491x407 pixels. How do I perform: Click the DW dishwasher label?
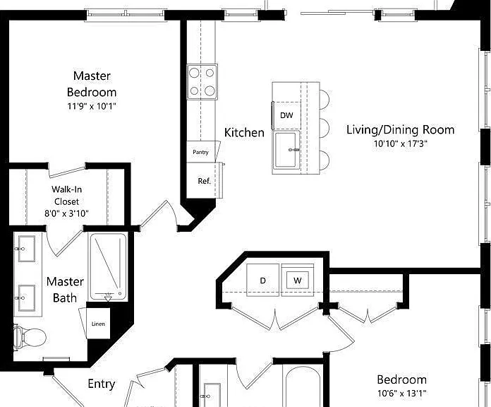click(286, 115)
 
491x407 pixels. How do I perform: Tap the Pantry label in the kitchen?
click(200, 152)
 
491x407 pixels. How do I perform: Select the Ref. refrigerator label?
click(204, 181)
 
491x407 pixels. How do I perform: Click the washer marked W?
click(298, 281)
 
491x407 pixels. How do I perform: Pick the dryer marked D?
click(262, 281)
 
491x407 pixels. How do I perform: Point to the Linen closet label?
click(98, 324)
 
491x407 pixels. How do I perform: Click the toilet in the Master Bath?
click(30, 337)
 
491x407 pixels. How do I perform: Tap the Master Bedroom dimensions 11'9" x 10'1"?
click(92, 106)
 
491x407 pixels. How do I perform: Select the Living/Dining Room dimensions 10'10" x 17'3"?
click(401, 143)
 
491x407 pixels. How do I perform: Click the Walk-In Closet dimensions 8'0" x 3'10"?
click(66, 213)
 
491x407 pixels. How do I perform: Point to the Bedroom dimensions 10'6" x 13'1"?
click(401, 393)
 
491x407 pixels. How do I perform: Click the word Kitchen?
click(244, 132)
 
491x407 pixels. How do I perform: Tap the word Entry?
click(101, 384)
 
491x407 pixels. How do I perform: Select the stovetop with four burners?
click(202, 82)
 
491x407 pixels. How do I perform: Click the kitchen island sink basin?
click(286, 150)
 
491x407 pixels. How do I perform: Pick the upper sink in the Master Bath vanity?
click(26, 249)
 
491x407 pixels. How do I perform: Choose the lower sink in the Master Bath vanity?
click(26, 298)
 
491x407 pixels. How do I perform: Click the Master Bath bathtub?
click(109, 267)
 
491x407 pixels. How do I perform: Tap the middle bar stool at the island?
click(325, 128)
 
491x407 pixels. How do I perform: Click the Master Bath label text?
click(65, 290)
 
